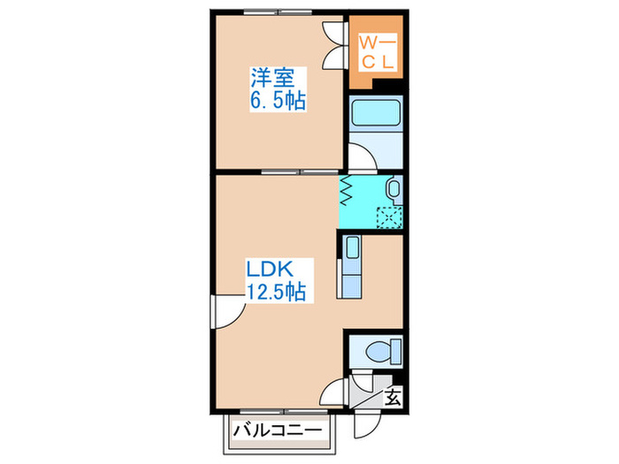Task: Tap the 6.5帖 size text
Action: click(277, 101)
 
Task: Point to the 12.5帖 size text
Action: click(276, 290)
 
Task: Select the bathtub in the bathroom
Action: click(375, 114)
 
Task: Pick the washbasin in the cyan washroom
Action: click(394, 187)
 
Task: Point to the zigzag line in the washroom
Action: click(348, 188)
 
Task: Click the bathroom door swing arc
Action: click(360, 157)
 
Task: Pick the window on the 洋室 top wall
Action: click(275, 13)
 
